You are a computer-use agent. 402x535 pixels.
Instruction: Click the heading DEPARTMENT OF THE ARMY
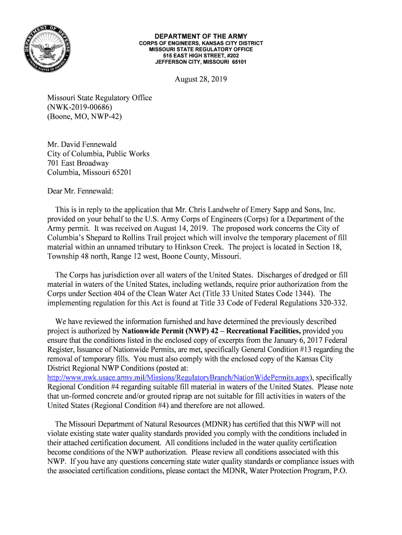(x=201, y=36)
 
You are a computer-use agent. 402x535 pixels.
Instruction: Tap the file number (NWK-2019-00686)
(x=79, y=107)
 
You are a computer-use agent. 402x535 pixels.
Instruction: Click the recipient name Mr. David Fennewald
(x=82, y=144)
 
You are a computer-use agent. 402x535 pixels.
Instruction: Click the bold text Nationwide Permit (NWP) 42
(x=169, y=331)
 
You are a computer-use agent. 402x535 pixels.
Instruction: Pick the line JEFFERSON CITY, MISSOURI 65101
(x=201, y=62)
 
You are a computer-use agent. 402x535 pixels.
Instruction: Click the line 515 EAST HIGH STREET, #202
(x=201, y=55)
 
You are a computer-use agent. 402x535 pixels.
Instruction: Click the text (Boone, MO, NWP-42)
(x=85, y=117)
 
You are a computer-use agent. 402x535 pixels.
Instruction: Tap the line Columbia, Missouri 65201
(x=86, y=172)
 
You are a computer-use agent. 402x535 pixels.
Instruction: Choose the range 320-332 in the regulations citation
(x=332, y=303)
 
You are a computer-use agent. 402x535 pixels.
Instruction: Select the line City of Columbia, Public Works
(x=98, y=154)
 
